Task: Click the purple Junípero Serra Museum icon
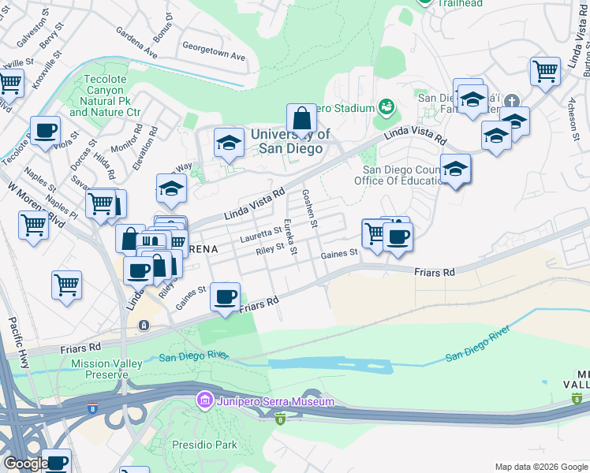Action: tap(206, 400)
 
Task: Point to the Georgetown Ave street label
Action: tap(214, 58)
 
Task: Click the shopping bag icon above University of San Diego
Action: tap(301, 119)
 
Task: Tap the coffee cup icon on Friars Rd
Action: tap(226, 297)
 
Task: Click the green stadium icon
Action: tap(386, 106)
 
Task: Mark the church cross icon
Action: tap(512, 101)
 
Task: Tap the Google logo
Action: tap(26, 464)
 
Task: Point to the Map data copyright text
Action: tap(540, 467)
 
